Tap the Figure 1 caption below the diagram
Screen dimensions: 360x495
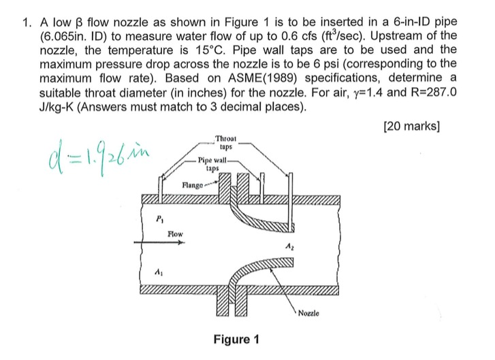236,339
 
